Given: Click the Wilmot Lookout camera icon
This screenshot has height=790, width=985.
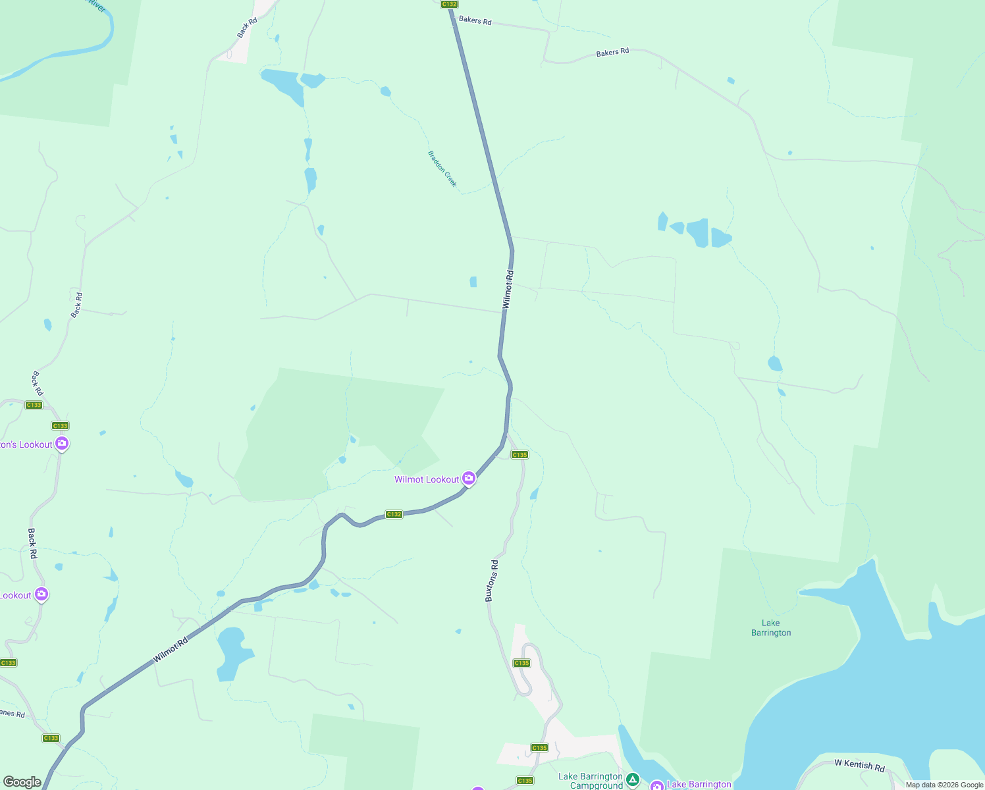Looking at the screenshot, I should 469,478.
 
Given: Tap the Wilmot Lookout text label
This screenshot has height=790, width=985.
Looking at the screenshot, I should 427,479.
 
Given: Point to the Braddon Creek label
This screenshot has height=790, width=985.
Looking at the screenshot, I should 442,169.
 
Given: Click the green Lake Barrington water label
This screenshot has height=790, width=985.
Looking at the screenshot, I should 771,628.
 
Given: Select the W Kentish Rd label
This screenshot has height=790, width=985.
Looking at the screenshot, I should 859,765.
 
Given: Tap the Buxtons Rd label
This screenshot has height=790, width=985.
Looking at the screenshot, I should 491,581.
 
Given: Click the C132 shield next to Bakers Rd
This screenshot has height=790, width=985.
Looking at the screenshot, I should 449,4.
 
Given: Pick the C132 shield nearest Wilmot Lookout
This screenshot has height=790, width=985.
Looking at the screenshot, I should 394,514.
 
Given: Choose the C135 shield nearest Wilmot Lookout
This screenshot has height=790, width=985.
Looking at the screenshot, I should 519,455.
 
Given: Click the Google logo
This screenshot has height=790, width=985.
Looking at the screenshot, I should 22,782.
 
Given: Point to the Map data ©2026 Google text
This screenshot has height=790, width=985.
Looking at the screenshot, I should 944,785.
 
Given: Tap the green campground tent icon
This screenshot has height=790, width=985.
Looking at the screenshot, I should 633,780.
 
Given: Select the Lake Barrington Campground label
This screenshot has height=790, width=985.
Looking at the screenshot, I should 590,781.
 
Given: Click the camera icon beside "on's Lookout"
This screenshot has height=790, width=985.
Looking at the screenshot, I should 62,444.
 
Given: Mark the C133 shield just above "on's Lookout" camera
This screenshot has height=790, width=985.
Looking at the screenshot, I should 60,426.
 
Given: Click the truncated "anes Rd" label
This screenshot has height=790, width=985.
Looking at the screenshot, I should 13,714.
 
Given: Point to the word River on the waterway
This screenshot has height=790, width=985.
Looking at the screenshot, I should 97,7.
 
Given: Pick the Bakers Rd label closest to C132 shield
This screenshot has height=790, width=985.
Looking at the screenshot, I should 475,20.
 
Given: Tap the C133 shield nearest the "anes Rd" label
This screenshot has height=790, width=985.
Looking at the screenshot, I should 51,738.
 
